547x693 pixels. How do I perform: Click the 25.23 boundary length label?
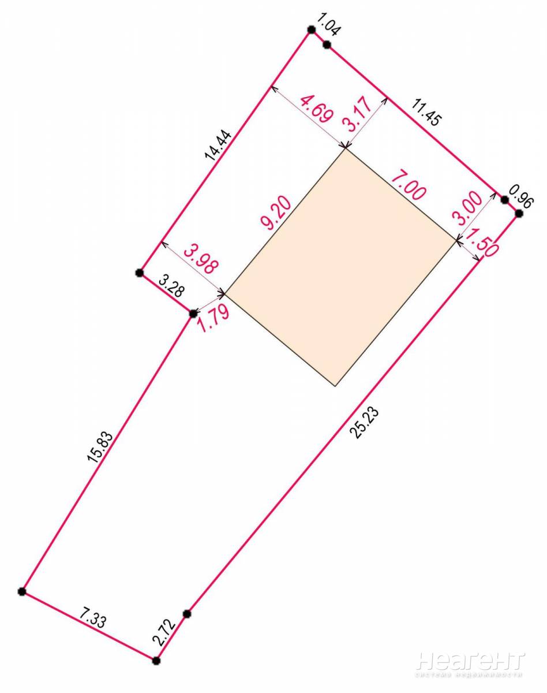366,423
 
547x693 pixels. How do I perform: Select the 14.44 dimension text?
218,145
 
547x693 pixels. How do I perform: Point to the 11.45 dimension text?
425,113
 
